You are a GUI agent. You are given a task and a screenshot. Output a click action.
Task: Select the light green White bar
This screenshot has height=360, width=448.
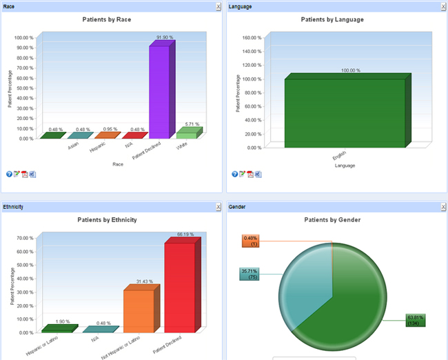(186, 134)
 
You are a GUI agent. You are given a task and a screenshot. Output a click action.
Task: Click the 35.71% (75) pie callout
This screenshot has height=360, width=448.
(250, 274)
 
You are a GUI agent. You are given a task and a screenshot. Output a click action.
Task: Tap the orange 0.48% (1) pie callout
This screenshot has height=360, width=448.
(251, 241)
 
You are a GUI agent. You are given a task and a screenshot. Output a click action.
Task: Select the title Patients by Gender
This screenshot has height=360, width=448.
(332, 220)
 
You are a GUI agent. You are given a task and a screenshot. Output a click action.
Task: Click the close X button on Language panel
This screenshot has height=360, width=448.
(442, 6)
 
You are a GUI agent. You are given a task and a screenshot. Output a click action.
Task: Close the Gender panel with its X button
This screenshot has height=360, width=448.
(442, 206)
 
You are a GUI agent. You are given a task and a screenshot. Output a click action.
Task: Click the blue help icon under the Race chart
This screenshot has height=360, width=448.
(9, 174)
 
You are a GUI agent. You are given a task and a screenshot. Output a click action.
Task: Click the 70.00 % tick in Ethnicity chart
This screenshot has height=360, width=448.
(24, 238)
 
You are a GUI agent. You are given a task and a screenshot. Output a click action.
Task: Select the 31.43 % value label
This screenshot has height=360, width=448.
(143, 281)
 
